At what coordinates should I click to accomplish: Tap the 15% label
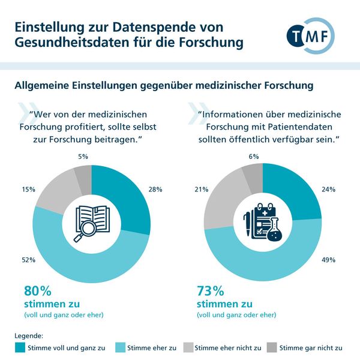coord(28,189)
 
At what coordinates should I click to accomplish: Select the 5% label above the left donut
coord(83,157)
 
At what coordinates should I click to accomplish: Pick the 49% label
coord(329,260)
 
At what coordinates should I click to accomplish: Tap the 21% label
coord(201,190)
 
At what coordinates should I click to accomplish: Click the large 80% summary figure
coord(36,291)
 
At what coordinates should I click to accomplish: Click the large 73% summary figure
coord(210,291)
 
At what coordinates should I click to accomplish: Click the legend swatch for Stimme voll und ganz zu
coord(21,347)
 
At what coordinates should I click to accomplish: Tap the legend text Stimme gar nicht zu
coord(311,347)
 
